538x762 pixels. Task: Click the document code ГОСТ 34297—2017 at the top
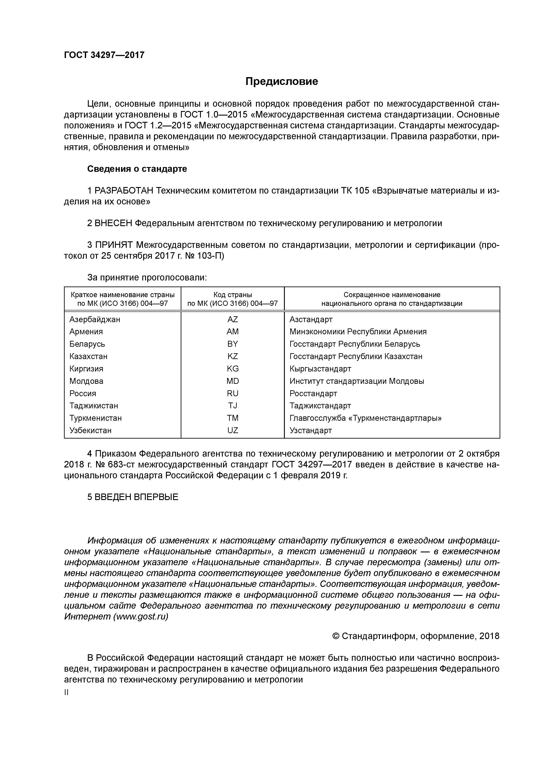click(x=104, y=55)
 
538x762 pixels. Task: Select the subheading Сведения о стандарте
click(x=137, y=169)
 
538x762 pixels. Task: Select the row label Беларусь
click(x=87, y=344)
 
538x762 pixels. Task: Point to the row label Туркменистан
click(x=95, y=418)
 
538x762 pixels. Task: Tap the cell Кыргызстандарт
click(x=320, y=369)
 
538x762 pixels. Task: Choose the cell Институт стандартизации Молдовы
click(x=357, y=381)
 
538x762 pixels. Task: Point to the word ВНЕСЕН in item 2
click(x=113, y=223)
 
